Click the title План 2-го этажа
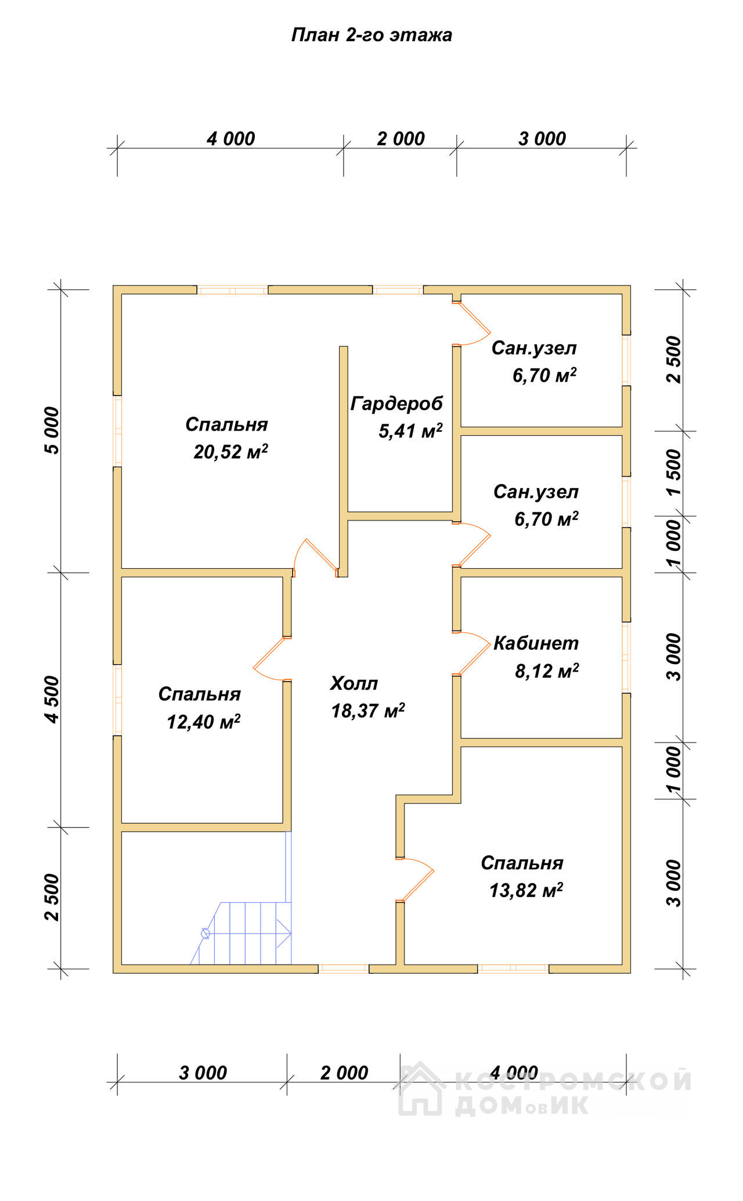coord(371,35)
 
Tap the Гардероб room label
coord(396,403)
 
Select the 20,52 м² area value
coord(231,451)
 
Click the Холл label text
coord(354,683)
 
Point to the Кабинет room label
coord(536,643)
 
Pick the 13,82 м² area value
coord(526,890)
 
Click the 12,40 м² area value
coord(204,722)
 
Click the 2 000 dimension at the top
coord(401,139)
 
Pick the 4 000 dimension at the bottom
coord(514,1073)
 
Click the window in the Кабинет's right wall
coord(626,657)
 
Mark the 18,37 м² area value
coord(368,711)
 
